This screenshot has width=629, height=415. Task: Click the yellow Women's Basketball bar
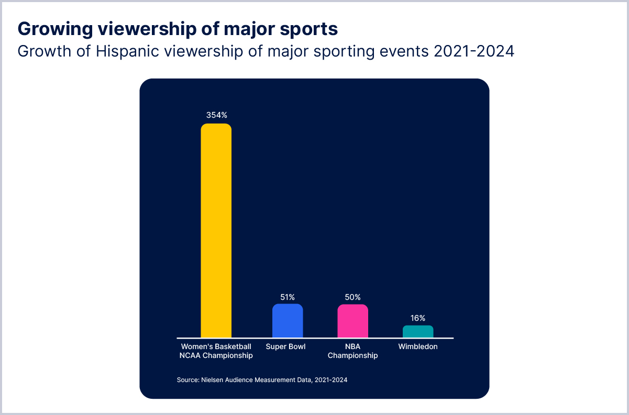[x=216, y=231]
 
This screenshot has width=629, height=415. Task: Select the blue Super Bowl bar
[x=288, y=321]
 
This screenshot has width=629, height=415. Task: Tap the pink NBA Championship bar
[x=352, y=321]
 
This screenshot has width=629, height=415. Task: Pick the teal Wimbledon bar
[x=418, y=332]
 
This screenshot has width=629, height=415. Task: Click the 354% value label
[x=216, y=115]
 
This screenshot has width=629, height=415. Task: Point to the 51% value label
[x=288, y=297]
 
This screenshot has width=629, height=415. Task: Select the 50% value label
[x=352, y=297]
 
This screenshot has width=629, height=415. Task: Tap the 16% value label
[x=418, y=318]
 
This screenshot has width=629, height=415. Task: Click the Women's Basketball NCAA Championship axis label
[x=216, y=351]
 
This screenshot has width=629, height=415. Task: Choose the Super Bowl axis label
[x=285, y=346]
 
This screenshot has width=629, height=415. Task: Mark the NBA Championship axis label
[x=352, y=351]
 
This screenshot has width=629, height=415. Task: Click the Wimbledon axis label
[x=418, y=346]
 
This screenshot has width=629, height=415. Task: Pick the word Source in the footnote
[x=187, y=380]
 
